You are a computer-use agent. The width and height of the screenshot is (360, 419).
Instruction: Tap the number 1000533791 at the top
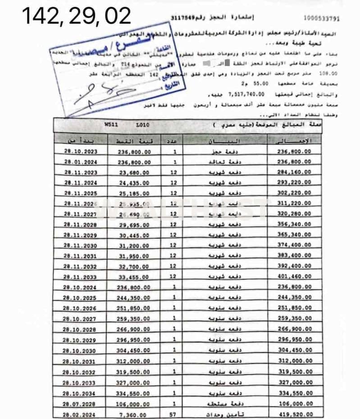click(321, 18)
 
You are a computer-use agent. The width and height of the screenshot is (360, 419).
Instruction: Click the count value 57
click(174, 414)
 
